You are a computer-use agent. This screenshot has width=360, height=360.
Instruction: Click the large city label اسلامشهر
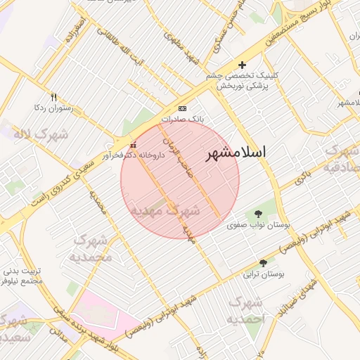point(237,155)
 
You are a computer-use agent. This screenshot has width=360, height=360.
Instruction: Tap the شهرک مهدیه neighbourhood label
point(165,210)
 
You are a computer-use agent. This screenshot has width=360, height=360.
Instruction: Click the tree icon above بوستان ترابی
point(263,263)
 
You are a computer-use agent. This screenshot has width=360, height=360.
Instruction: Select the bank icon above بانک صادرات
point(183,108)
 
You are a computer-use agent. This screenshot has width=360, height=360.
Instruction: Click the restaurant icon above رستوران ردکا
point(53,97)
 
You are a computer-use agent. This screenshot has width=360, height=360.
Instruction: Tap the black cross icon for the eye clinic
point(242,65)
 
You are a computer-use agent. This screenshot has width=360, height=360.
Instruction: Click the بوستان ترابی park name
point(262,275)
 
